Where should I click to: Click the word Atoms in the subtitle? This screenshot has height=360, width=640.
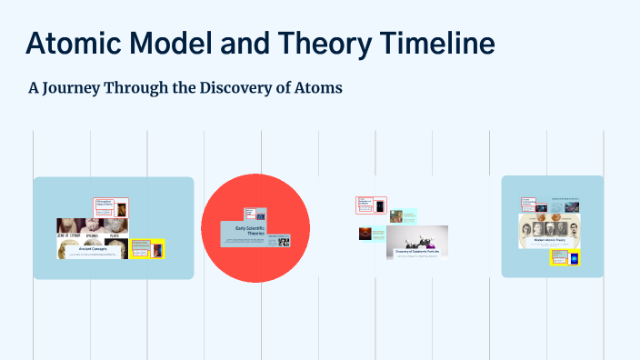click(318, 89)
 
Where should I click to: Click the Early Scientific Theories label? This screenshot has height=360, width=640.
click(249, 232)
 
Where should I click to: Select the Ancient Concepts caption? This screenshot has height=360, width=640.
click(94, 248)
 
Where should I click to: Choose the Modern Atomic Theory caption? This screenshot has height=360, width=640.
click(551, 241)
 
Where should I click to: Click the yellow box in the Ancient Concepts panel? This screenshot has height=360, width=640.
click(146, 248)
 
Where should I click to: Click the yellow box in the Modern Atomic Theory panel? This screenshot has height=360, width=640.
click(565, 258)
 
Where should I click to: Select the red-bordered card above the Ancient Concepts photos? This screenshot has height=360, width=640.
click(110, 206)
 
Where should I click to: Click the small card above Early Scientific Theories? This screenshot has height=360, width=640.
click(255, 215)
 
